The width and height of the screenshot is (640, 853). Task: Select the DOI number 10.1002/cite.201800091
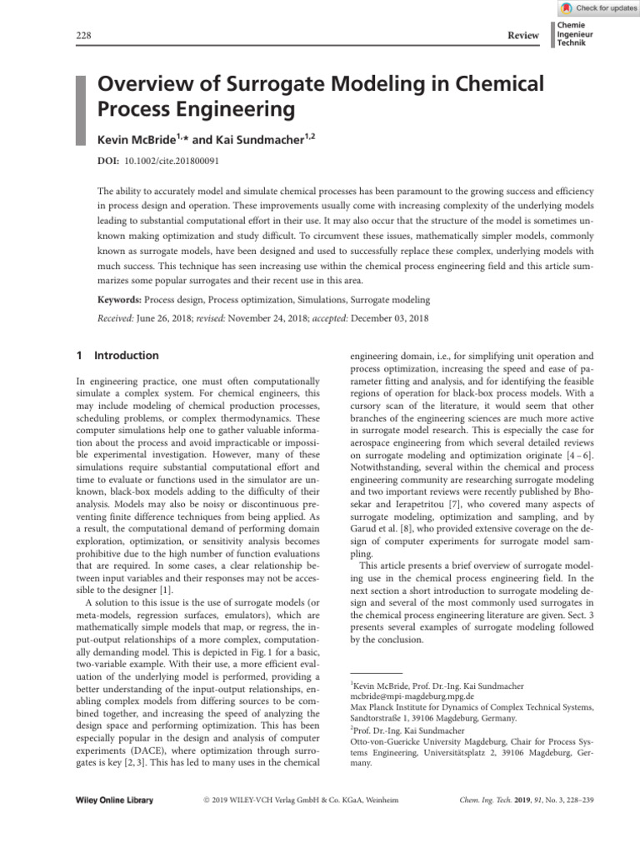click(166, 159)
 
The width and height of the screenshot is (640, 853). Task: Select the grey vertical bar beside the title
click(82, 109)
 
